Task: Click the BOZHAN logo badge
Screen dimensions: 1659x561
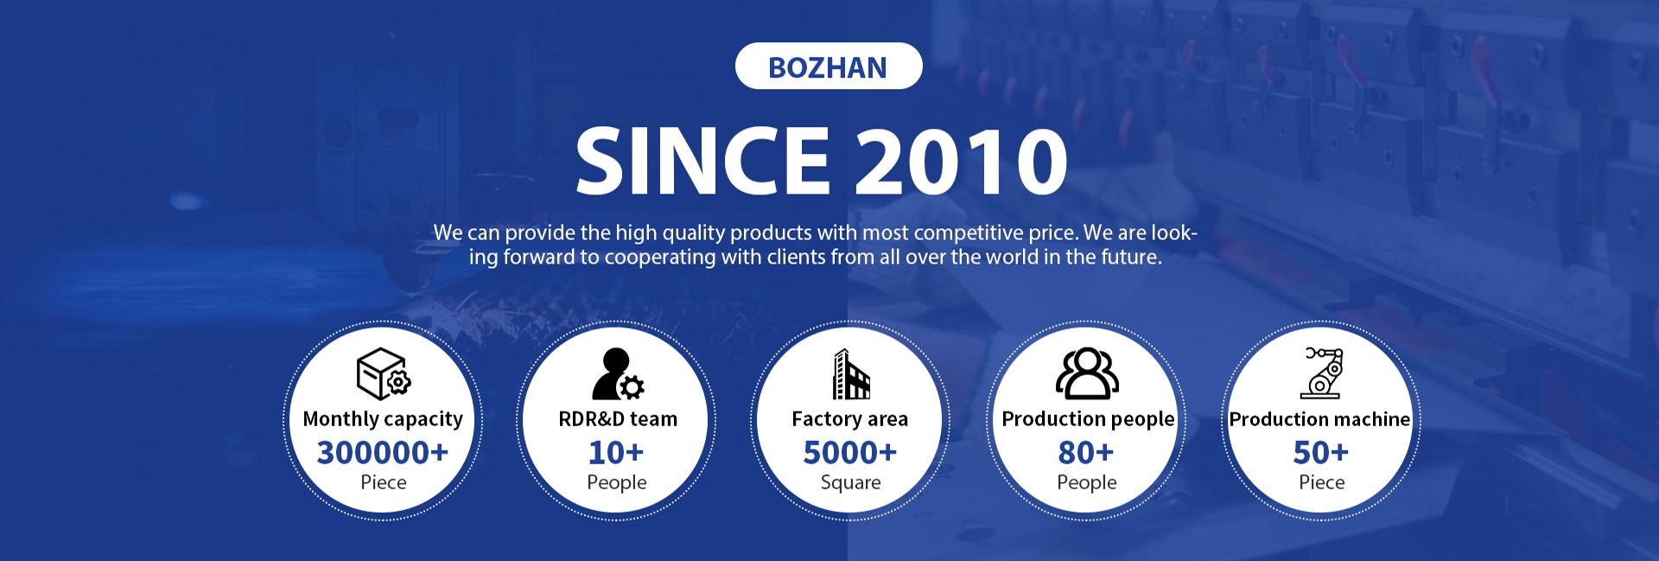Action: point(829,66)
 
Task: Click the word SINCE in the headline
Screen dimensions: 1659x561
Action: point(702,160)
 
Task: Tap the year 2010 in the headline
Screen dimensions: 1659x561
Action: point(961,161)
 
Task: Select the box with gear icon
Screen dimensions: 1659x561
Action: point(384,373)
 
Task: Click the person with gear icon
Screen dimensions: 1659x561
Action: point(618,374)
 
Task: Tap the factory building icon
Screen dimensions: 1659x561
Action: point(851,374)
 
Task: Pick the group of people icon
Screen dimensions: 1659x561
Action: point(1087,373)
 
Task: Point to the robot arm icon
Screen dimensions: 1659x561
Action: point(1323,373)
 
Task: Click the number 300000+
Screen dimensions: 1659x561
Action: point(383,452)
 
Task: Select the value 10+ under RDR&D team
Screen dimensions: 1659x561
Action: point(616,452)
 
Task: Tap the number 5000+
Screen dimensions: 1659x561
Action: point(850,452)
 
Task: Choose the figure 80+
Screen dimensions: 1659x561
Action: point(1086,452)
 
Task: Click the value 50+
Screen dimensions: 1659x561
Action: point(1321,452)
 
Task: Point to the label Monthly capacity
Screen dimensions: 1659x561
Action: point(383,419)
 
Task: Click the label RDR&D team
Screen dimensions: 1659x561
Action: point(618,418)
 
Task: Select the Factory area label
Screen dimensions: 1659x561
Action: point(850,419)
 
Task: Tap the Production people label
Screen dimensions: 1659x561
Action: point(1088,419)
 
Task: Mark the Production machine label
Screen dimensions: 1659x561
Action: point(1319,419)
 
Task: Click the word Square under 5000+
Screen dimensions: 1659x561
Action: point(851,482)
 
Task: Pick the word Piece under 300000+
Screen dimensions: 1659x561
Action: point(384,481)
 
